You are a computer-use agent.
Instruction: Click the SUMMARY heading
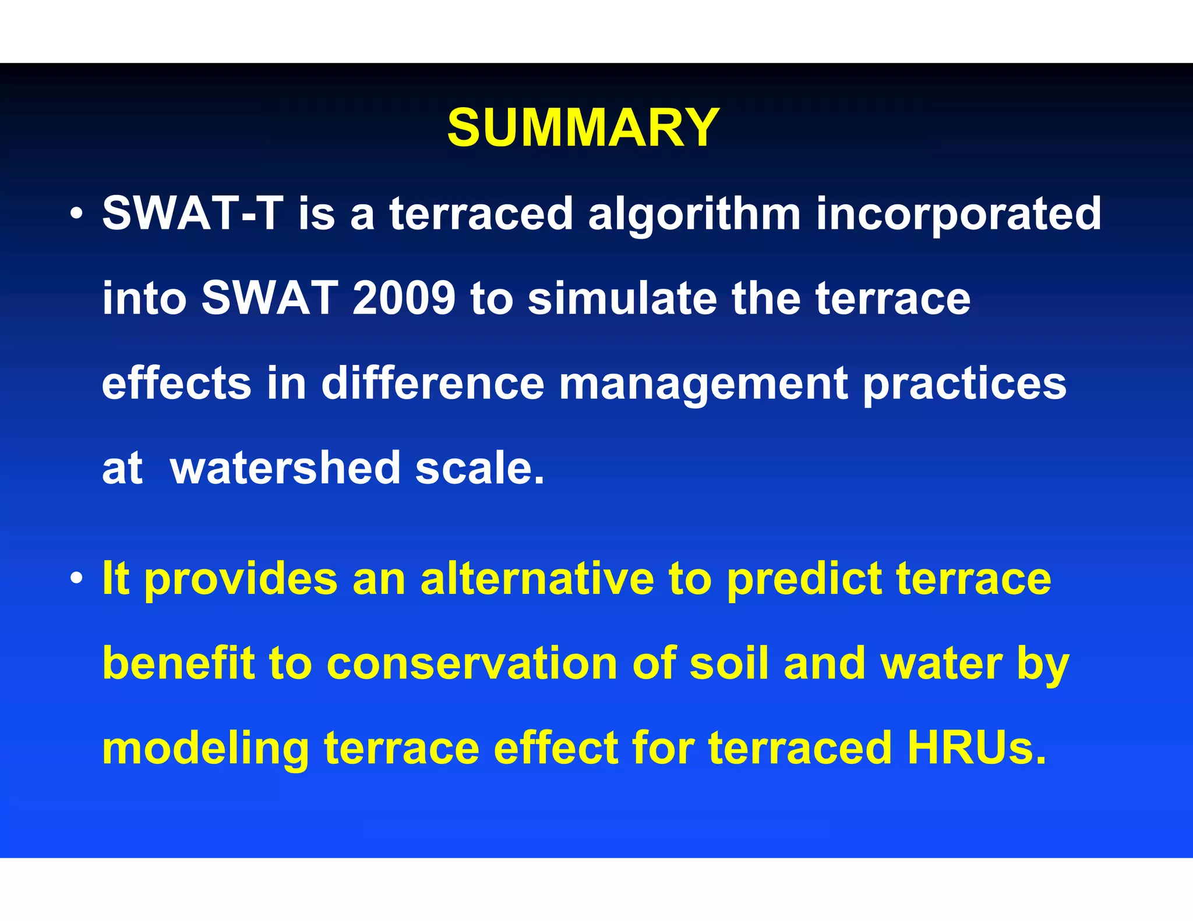pyautogui.click(x=583, y=128)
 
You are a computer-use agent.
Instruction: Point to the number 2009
pyautogui.click(x=403, y=299)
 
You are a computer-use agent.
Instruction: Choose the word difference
pyautogui.click(x=432, y=384)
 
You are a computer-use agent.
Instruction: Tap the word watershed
pyautogui.click(x=285, y=468)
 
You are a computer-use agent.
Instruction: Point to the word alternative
pyautogui.click(x=537, y=579)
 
